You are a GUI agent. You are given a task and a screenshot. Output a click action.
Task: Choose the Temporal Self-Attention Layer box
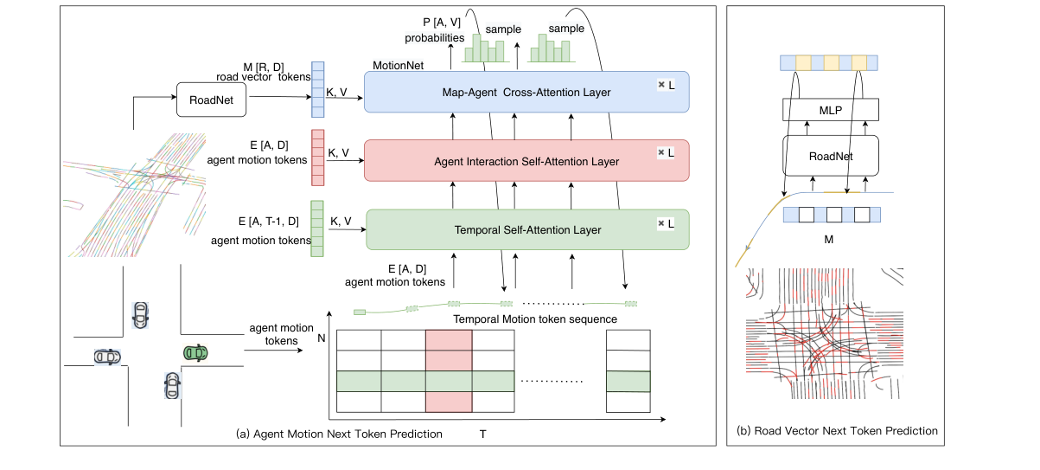click(x=527, y=229)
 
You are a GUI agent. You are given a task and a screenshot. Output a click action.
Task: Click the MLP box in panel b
click(x=830, y=109)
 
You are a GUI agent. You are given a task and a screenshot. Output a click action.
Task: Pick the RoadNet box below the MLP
click(x=830, y=157)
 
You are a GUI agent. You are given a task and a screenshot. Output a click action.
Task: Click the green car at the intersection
click(x=195, y=352)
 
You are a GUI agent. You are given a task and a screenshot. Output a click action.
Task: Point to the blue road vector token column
click(x=317, y=89)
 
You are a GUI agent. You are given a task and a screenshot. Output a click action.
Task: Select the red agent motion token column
click(x=317, y=157)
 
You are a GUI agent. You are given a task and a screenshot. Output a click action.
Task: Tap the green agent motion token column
click(x=317, y=229)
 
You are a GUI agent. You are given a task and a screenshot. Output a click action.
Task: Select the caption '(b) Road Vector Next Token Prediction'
click(x=837, y=430)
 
